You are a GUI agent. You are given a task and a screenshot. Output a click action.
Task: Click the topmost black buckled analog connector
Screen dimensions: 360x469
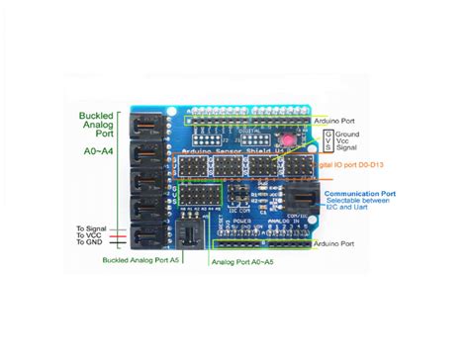coord(142,125)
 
